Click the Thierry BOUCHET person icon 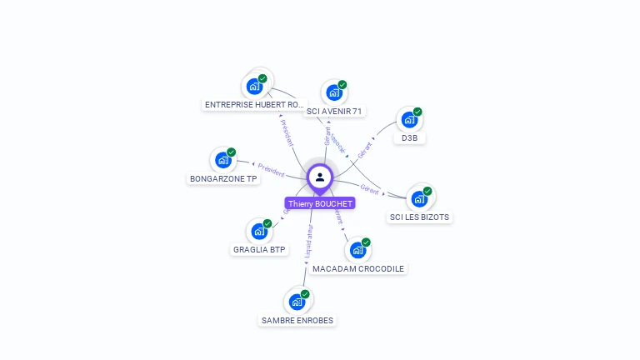(320, 177)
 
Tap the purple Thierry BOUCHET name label (320, 203)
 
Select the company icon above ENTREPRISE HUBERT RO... (255, 85)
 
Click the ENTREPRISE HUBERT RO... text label (255, 105)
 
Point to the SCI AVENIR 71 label (335, 112)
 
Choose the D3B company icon (409, 118)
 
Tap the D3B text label (409, 138)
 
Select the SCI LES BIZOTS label (419, 217)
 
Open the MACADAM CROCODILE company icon (357, 249)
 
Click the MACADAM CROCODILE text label (357, 269)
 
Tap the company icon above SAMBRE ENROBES (297, 301)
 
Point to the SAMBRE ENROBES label (297, 321)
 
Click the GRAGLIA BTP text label (260, 250)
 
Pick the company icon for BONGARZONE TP (223, 159)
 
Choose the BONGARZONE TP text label (223, 179)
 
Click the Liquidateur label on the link (309, 240)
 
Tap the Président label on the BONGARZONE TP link (271, 169)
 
